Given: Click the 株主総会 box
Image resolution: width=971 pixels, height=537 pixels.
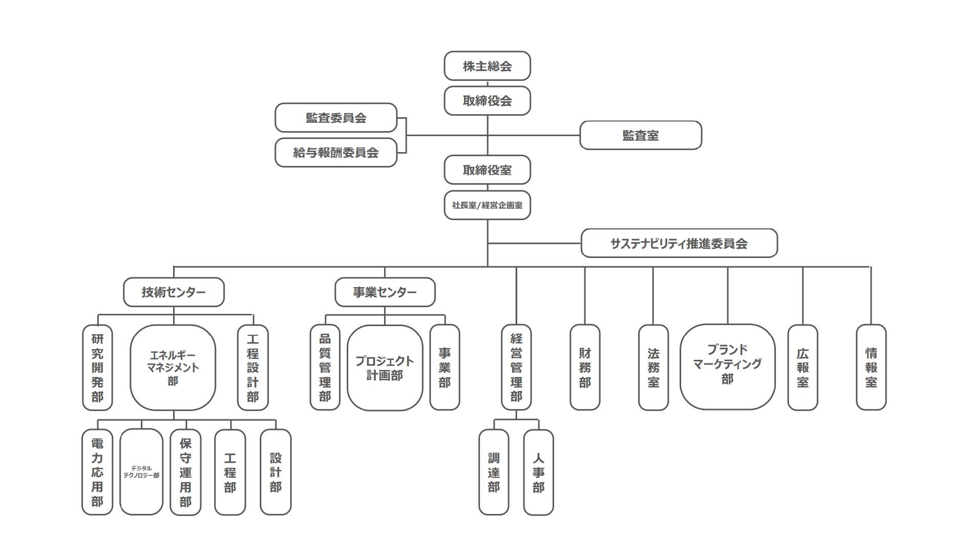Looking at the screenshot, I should point(487,66).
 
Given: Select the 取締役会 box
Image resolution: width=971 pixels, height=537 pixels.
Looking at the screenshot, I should point(487,101).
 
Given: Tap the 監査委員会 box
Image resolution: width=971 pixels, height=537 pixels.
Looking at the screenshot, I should point(336,118).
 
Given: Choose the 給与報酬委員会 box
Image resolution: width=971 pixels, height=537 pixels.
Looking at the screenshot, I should point(336,153).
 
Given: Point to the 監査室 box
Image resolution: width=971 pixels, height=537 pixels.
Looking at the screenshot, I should point(640,136).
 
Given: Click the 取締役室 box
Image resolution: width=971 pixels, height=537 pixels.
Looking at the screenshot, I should point(487,170).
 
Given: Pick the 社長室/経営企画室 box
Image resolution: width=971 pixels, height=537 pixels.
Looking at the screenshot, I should point(487,205).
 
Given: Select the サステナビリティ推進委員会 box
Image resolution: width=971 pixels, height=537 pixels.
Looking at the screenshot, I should point(679,243).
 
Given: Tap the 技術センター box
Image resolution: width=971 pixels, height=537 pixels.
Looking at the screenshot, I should point(174,292).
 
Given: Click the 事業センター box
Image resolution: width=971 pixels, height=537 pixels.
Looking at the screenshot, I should point(385,292).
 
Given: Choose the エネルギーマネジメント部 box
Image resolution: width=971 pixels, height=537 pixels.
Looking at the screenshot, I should point(173,368).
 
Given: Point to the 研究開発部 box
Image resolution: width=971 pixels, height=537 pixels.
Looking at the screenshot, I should point(97,368).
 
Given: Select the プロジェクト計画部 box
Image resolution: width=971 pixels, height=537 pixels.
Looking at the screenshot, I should point(385,368).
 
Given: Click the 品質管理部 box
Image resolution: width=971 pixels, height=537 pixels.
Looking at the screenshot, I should point(325,368).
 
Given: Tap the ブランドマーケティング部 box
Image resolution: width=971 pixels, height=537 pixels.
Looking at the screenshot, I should point(727,367).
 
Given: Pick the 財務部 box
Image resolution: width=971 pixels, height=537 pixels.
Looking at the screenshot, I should point(585,368).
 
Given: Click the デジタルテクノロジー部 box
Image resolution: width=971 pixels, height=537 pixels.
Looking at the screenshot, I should point(141,472).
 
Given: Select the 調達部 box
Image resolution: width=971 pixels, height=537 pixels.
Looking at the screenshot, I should point(494,472).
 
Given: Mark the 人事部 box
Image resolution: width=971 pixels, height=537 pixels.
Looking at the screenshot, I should point(538,472).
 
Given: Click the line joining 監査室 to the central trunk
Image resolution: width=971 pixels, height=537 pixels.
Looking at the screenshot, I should point(534,136).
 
